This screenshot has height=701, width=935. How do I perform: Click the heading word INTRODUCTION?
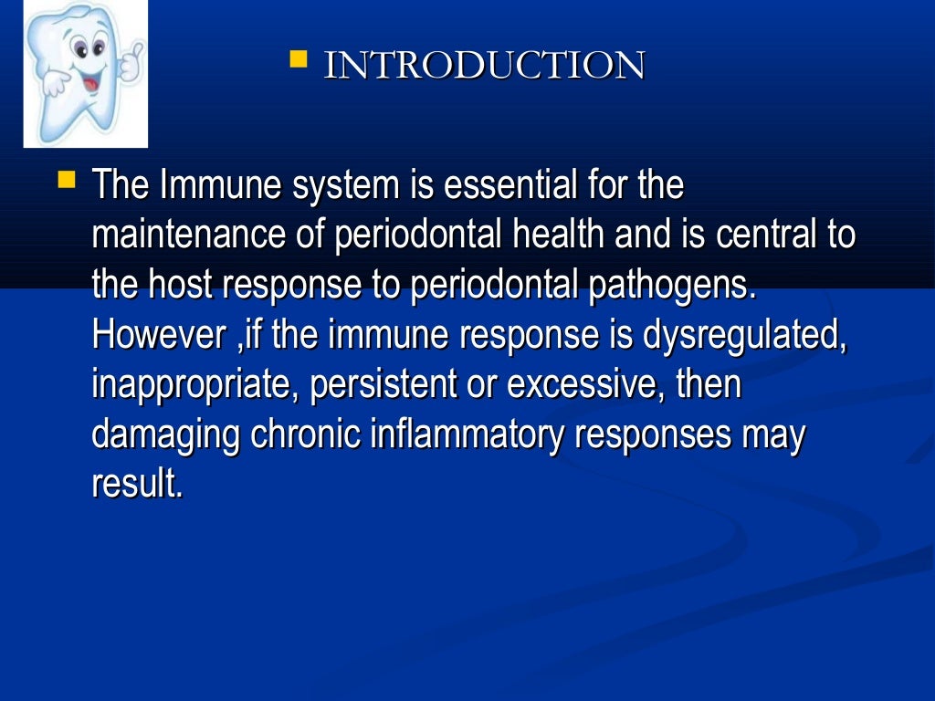point(484,66)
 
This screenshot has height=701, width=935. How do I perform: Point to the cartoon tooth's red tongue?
point(89,84)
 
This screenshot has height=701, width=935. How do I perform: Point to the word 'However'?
point(150,335)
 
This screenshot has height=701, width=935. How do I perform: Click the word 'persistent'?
point(383,384)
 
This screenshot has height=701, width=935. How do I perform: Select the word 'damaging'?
point(165,434)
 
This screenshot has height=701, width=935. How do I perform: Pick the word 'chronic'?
point(306,434)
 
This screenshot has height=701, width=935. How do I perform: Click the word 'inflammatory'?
point(467,434)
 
